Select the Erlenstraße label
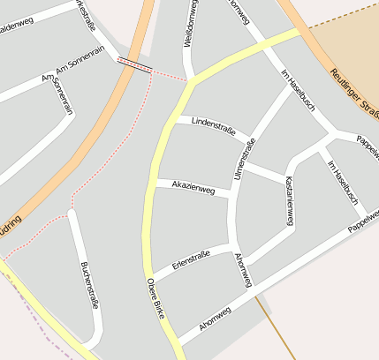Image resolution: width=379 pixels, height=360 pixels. point(191,259)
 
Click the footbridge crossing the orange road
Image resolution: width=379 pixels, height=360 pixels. point(134,64)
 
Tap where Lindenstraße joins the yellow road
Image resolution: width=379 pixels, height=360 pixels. point(173,116)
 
